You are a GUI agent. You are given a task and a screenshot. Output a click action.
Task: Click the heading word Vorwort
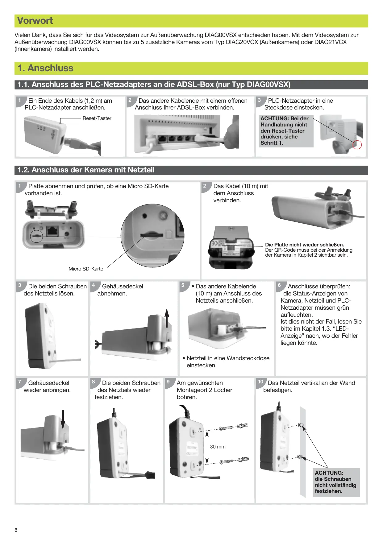pyautogui.click(x=35, y=21)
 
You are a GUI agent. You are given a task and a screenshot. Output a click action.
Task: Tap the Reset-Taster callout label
pyautogui.click(x=97, y=118)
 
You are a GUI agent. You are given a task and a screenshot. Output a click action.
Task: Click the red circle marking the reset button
pyautogui.click(x=357, y=145)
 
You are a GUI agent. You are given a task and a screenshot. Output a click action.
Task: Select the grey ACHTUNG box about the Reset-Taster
pyautogui.click(x=286, y=130)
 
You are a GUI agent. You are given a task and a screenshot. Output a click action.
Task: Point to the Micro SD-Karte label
pyautogui.click(x=86, y=269)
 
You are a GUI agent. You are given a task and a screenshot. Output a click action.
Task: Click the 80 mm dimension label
pyautogui.click(x=218, y=447)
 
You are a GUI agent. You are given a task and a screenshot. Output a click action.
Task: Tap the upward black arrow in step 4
pyautogui.click(x=167, y=318)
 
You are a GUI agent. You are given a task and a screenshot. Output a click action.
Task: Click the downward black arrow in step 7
pyautogui.click(x=63, y=419)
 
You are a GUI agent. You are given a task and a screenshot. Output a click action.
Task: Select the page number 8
pyautogui.click(x=16, y=530)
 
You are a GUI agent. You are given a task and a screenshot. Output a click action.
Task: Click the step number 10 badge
pyautogui.click(x=261, y=382)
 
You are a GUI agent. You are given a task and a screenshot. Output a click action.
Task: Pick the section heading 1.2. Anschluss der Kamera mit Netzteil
pyautogui.click(x=86, y=170)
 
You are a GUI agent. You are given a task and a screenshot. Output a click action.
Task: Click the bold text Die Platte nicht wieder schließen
pyautogui.click(x=305, y=245)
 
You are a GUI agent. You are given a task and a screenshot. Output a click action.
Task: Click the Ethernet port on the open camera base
pyautogui.click(x=52, y=231)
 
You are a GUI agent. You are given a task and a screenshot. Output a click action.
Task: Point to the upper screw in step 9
pyautogui.click(x=226, y=428)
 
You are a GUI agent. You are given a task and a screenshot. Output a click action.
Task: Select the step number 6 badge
pyautogui.click(x=279, y=285)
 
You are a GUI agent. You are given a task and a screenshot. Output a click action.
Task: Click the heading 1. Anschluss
pyautogui.click(x=45, y=68)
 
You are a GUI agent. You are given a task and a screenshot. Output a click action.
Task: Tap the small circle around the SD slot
pyautogui.click(x=37, y=236)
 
